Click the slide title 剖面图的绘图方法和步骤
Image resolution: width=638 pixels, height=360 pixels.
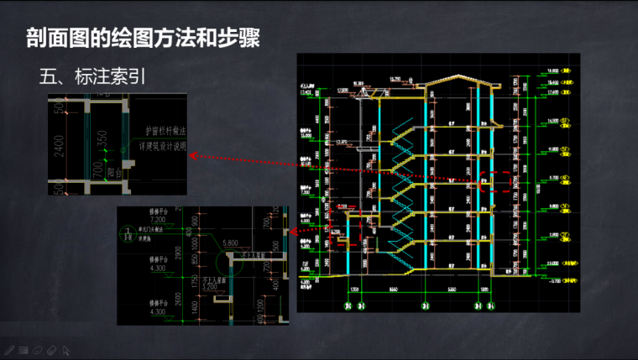pos(142,39)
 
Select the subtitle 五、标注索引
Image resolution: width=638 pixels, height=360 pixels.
pos(94,78)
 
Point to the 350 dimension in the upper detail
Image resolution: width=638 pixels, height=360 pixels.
pos(101,137)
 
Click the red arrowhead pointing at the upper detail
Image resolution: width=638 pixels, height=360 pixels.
pos(191,155)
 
